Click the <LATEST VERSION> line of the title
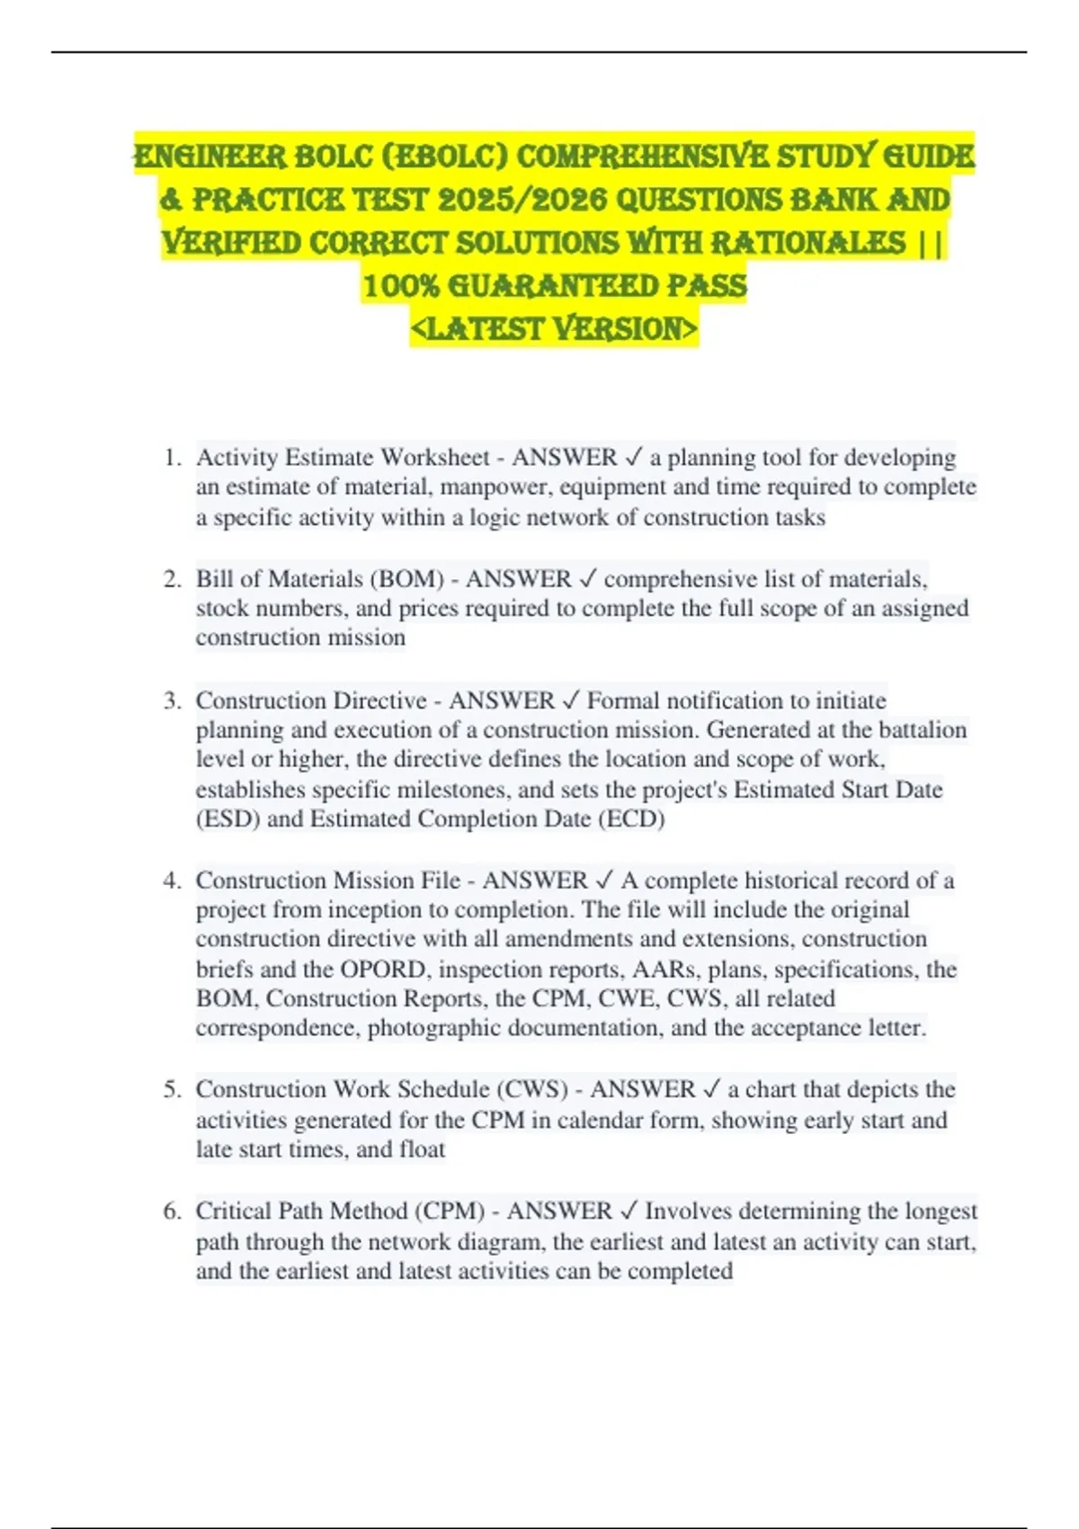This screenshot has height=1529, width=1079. tap(553, 328)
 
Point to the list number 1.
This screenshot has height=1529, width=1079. tap(172, 458)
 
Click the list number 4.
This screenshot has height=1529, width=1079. tap(172, 881)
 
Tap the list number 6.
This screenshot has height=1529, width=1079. tap(172, 1212)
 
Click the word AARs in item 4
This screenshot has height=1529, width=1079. tap(665, 970)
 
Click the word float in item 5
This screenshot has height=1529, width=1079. tap(423, 1149)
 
